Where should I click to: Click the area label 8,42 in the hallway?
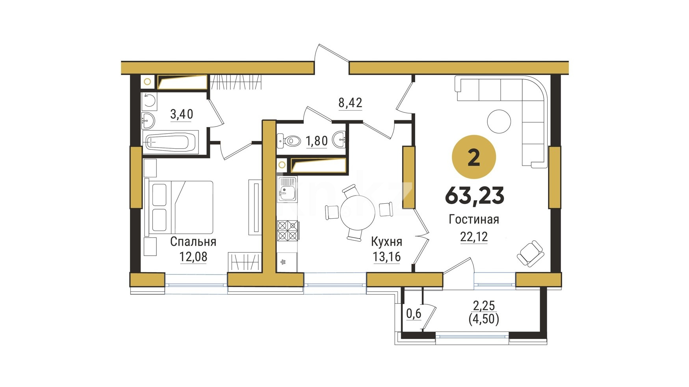point(350,103)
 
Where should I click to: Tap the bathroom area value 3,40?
point(182,114)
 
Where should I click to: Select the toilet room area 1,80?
point(317,141)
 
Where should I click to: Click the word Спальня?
point(193,241)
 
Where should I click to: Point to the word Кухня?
point(386,241)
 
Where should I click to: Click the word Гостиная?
point(474,219)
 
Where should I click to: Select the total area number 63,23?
point(474,195)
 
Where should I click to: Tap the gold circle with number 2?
point(474,157)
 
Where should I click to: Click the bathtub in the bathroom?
point(171,142)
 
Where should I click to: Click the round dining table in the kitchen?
point(357,213)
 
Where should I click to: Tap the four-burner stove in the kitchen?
point(288,230)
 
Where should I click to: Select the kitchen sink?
point(287,189)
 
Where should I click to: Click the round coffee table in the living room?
point(499,122)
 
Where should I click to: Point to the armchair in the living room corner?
point(530,253)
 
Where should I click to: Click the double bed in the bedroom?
point(179,207)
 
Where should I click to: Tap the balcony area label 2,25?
point(484,306)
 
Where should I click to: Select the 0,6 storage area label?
point(414,313)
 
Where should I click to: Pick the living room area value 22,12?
point(474,237)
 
